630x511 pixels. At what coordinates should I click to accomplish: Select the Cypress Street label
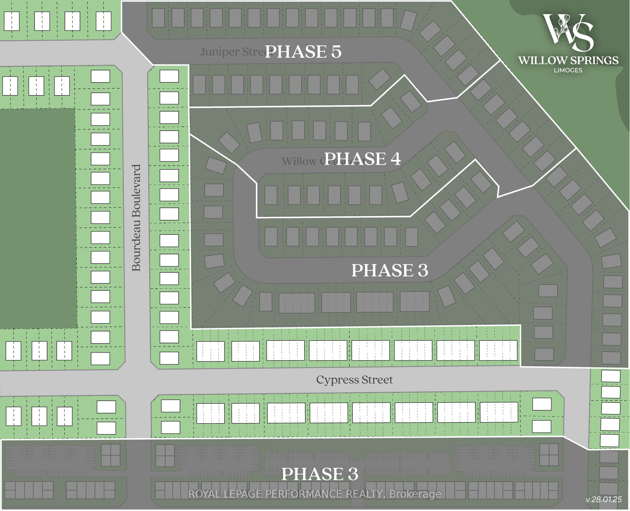(354, 380)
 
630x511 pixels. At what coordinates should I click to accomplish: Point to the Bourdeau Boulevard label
(136, 218)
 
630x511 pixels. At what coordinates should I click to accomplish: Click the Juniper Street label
(232, 52)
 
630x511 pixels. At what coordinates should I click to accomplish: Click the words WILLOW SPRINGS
(568, 60)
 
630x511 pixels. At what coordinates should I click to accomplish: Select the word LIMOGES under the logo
(568, 70)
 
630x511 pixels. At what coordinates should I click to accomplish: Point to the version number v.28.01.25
(604, 499)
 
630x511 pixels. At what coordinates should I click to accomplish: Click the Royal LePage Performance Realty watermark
(315, 494)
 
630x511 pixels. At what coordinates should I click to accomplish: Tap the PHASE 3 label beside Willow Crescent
(390, 270)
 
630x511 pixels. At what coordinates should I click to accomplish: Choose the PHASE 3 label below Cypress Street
(320, 474)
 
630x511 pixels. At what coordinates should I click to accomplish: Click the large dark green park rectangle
(38, 218)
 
